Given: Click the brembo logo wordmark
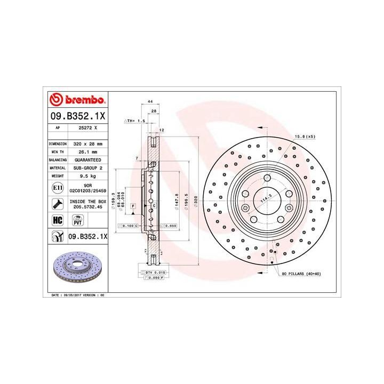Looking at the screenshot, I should tap(76, 100).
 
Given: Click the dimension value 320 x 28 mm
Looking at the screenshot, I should tap(87, 144).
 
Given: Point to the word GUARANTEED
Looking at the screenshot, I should tap(87, 159).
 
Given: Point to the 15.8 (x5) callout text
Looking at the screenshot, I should tap(305, 137).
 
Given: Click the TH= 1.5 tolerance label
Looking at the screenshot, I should tap(135, 122).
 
